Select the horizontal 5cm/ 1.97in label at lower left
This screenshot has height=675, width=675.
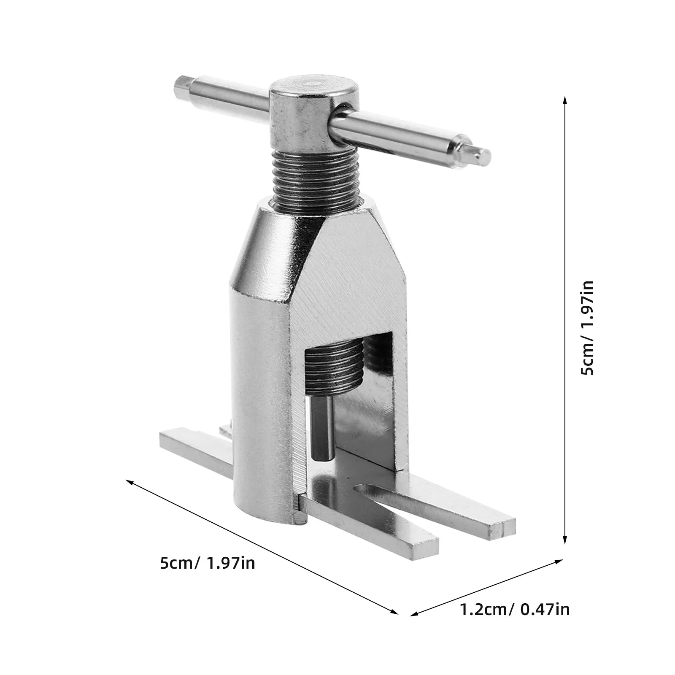208,563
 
